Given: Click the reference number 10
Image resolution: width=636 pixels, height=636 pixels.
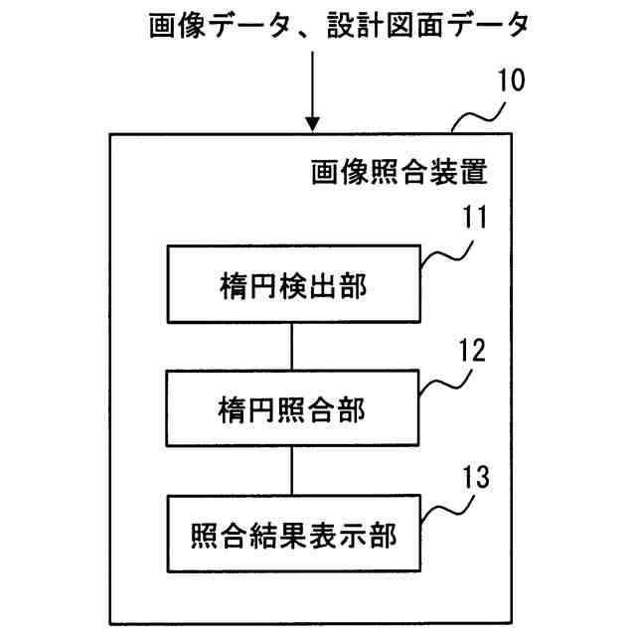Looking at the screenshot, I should point(514,80).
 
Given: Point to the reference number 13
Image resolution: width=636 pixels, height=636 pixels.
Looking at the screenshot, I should point(474,476).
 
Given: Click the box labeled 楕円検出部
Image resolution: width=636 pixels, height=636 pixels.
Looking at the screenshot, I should point(292,285).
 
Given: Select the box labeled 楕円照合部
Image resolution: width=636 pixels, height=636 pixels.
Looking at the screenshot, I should point(292,407).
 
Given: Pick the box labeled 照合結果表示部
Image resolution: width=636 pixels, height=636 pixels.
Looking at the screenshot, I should point(292,538).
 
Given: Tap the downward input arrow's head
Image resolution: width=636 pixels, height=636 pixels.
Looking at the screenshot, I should point(313,124).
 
